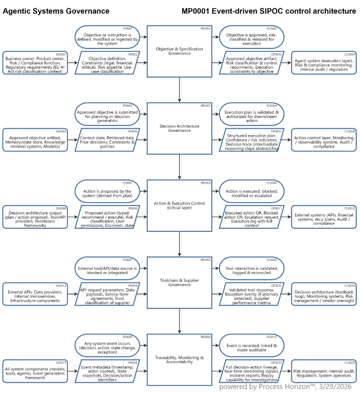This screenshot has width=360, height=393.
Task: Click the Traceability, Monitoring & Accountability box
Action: click(180, 360)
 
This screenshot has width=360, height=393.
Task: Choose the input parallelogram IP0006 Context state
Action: click(107, 140)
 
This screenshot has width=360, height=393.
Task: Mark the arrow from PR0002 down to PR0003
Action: click(180, 89)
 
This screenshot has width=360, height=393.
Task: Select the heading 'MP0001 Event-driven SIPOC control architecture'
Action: click(268, 11)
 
